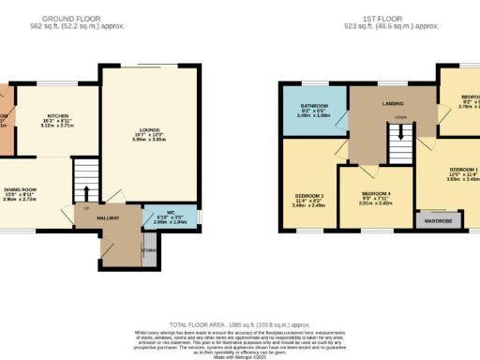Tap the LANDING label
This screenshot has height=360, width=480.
(391, 105)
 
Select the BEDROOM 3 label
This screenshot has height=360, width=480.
(308, 195)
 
